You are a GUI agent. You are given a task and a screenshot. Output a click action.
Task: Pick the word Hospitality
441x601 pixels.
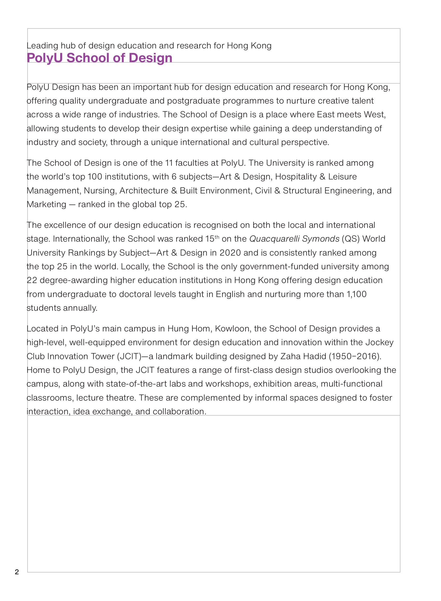296,177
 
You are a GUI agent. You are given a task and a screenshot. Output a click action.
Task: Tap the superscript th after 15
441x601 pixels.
217,236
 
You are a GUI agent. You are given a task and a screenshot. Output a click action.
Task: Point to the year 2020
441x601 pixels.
230,253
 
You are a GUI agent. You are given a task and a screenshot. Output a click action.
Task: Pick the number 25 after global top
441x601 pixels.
180,205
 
